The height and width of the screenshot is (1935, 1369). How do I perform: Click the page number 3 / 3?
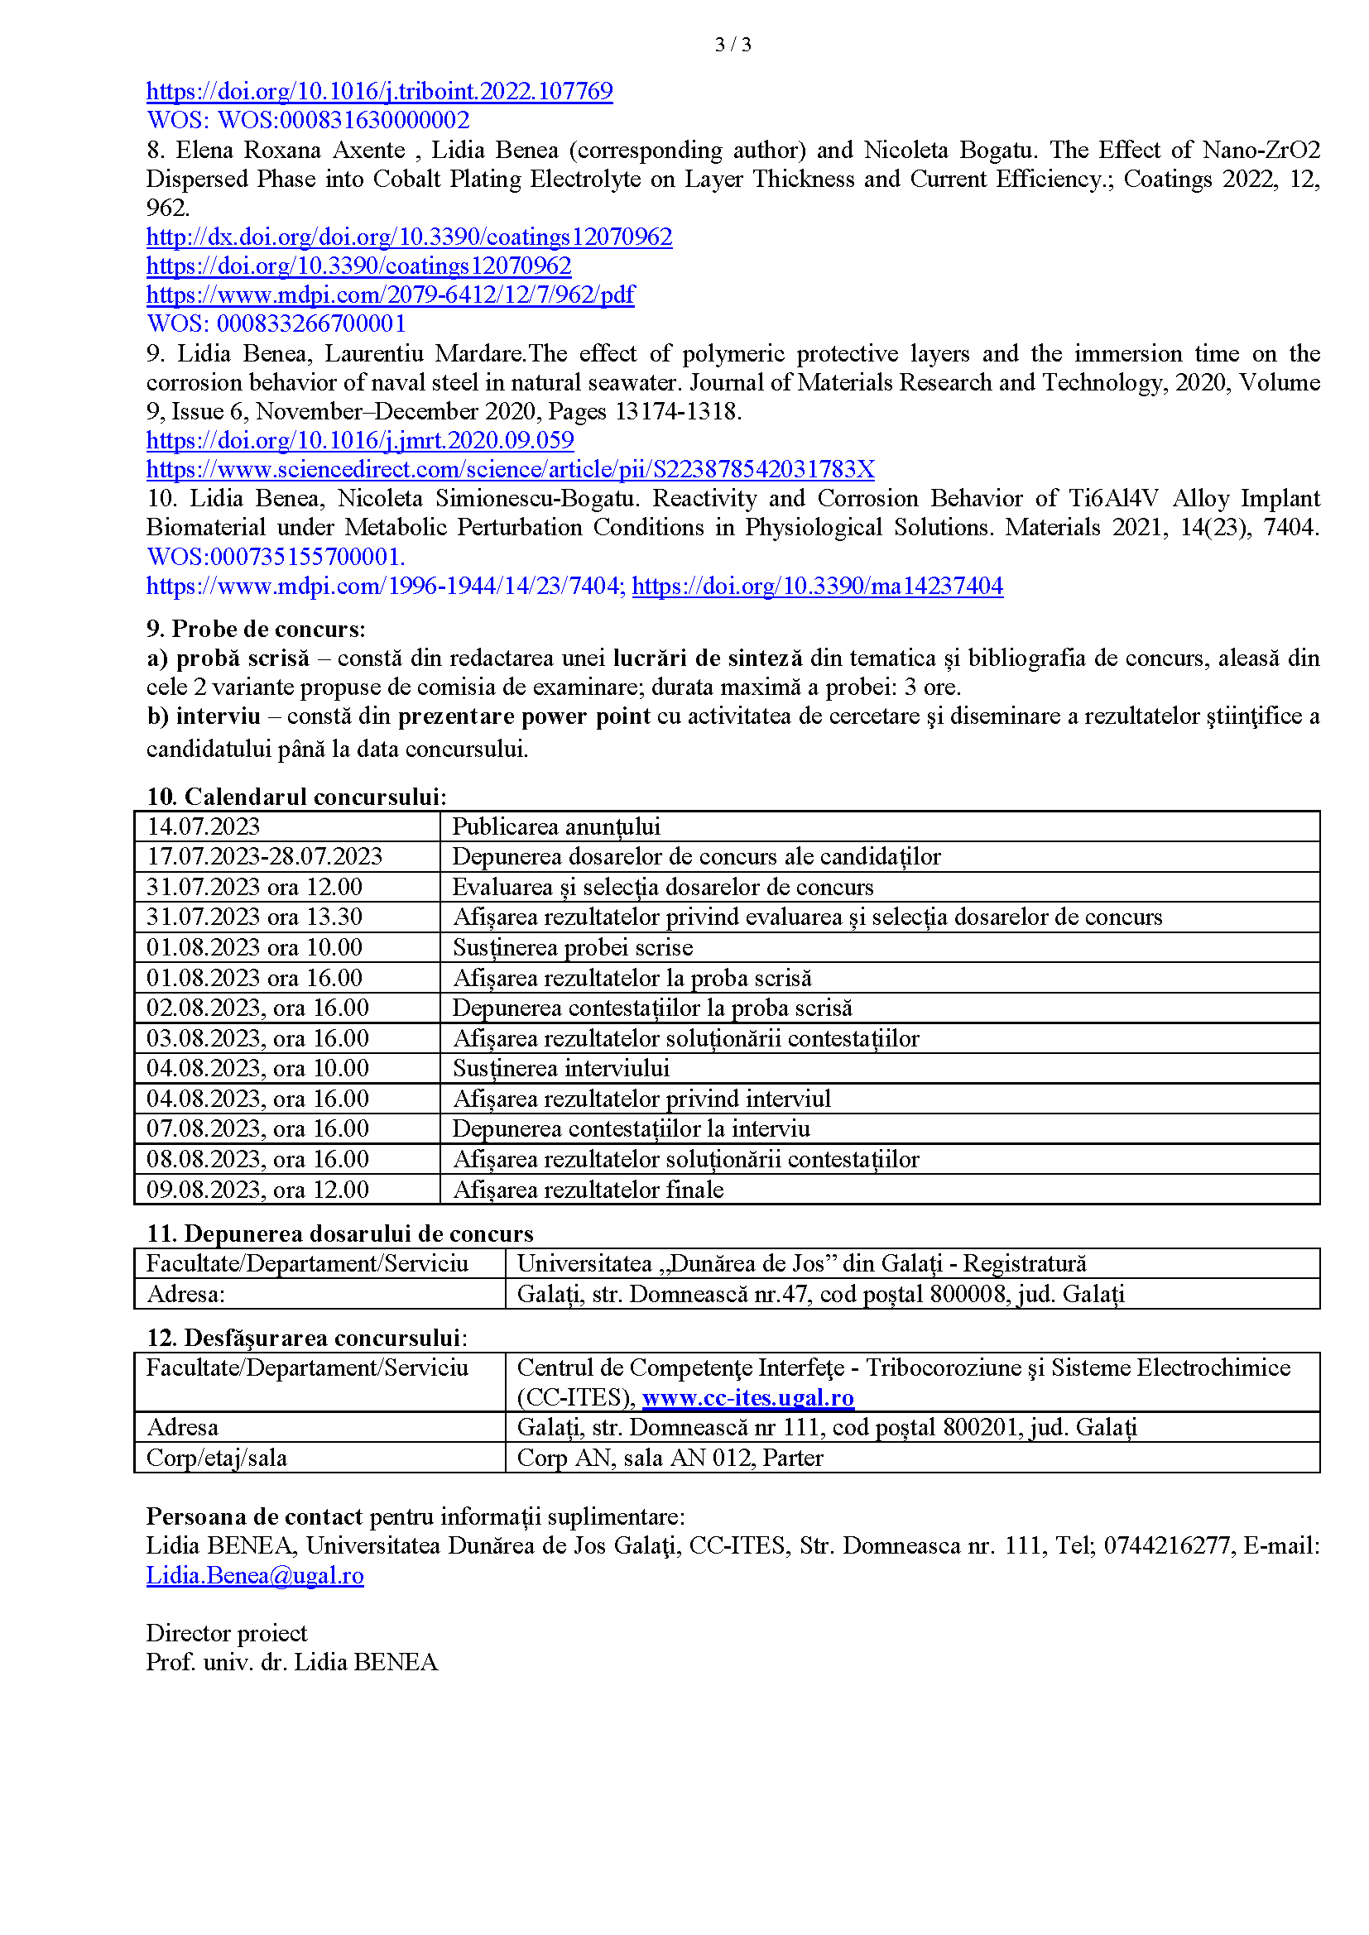pyautogui.click(x=733, y=45)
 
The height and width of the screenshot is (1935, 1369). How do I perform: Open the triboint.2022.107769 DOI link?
pyautogui.click(x=379, y=91)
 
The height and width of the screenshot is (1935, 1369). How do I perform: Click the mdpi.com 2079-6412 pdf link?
pyautogui.click(x=391, y=295)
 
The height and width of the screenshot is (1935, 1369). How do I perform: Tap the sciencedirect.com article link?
pyautogui.click(x=510, y=469)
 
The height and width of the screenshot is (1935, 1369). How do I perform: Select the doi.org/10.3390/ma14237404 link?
pyautogui.click(x=817, y=587)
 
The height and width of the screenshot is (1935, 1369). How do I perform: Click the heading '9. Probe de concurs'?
pyautogui.click(x=256, y=630)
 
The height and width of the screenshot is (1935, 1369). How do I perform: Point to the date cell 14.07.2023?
pyautogui.click(x=203, y=826)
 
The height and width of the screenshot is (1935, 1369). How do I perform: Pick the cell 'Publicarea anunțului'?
pyautogui.click(x=555, y=826)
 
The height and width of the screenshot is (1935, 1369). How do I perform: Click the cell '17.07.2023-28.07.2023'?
pyautogui.click(x=264, y=857)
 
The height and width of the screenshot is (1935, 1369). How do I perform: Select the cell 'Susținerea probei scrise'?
pyautogui.click(x=573, y=948)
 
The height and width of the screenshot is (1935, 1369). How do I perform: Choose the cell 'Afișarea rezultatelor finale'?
pyautogui.click(x=588, y=1190)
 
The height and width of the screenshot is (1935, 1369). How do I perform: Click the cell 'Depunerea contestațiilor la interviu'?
pyautogui.click(x=631, y=1129)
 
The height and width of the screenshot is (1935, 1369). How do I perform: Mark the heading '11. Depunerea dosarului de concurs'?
pyautogui.click(x=339, y=1233)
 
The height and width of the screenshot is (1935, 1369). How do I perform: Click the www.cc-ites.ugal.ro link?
pyautogui.click(x=747, y=1398)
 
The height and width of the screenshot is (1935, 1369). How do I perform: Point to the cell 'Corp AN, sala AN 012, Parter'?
pyautogui.click(x=670, y=1458)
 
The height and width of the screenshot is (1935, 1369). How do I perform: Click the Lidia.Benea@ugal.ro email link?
pyautogui.click(x=255, y=1576)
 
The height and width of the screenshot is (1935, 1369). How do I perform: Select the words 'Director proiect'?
pyautogui.click(x=227, y=1633)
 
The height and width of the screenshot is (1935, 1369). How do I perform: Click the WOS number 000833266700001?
pyautogui.click(x=310, y=323)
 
